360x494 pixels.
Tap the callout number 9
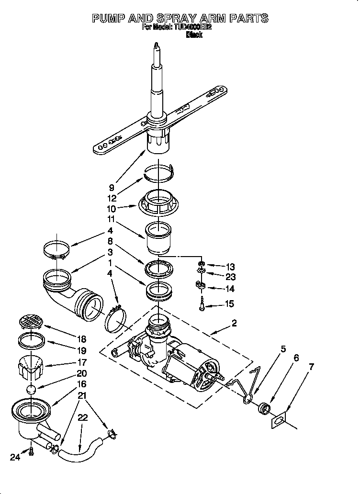point(111,188)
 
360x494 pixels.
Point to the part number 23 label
point(230,277)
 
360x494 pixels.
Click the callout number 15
point(230,303)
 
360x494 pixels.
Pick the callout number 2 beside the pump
point(234,323)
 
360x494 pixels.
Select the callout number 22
point(83,417)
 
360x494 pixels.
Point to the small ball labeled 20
point(31,389)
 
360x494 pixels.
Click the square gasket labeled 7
point(279,421)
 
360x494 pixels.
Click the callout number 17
point(82,362)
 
